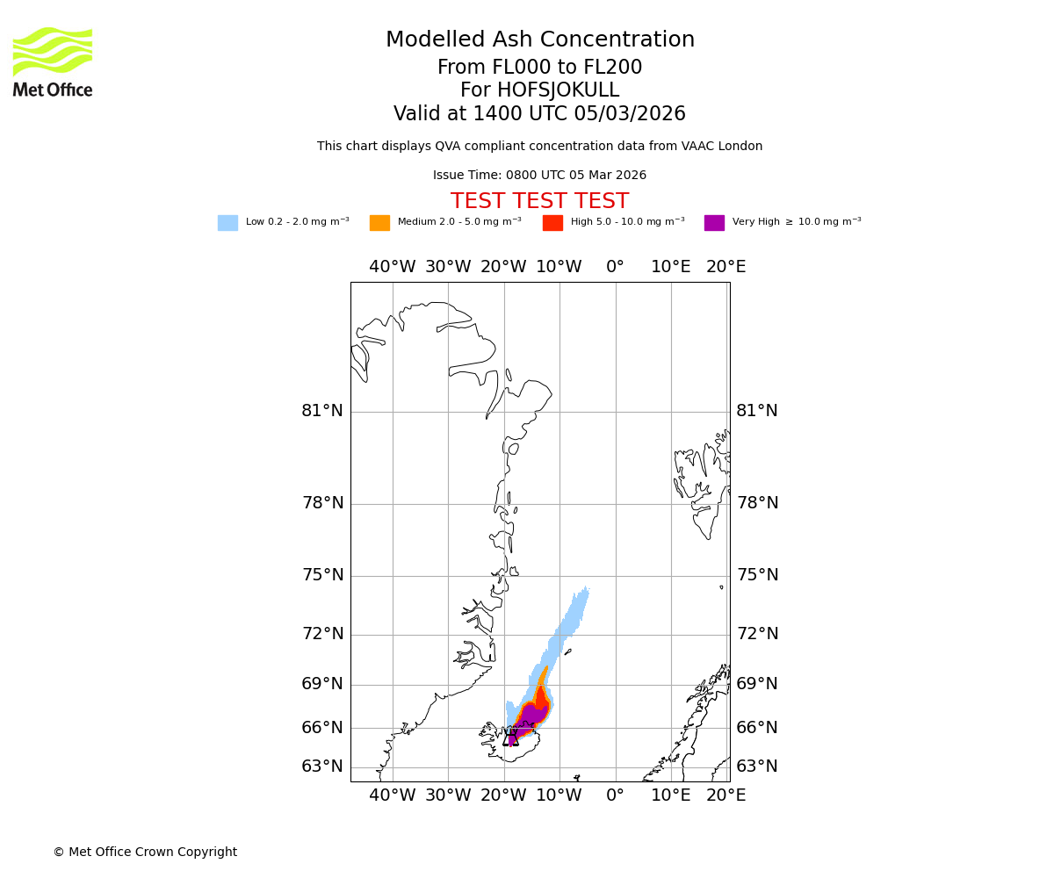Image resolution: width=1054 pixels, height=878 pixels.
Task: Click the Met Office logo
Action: coord(53,61)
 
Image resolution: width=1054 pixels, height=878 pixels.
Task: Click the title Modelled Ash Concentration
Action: coord(539,40)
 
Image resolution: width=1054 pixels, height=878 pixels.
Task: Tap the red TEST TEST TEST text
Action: coord(539,202)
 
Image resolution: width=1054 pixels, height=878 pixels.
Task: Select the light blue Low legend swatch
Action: coord(227,223)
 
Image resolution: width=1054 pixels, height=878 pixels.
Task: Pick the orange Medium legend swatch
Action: coord(379,223)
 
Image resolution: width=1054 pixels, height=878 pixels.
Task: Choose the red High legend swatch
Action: coord(552,223)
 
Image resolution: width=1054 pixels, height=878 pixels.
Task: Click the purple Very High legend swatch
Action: coord(714,223)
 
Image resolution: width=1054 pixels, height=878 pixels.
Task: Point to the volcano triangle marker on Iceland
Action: coord(510,738)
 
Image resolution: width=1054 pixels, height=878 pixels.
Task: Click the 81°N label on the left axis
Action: coord(322,411)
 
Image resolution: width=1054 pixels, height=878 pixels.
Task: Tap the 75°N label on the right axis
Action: coord(756,575)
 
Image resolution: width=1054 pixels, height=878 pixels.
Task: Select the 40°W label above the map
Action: coord(392,267)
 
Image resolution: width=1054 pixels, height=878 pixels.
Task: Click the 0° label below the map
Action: coord(615,795)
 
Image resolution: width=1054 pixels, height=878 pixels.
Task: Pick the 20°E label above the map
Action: coord(726,267)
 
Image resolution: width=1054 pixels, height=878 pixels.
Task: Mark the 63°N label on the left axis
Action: coord(322,766)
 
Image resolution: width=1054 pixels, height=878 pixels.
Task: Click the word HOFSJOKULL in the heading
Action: coord(559,90)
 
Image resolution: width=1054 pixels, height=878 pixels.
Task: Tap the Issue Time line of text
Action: coord(539,176)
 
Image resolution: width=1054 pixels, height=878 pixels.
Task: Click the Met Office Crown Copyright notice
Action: coord(145,853)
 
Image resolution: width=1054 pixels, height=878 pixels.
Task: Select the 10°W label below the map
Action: coord(559,795)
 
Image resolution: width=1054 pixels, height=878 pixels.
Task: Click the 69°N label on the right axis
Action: coord(756,684)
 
